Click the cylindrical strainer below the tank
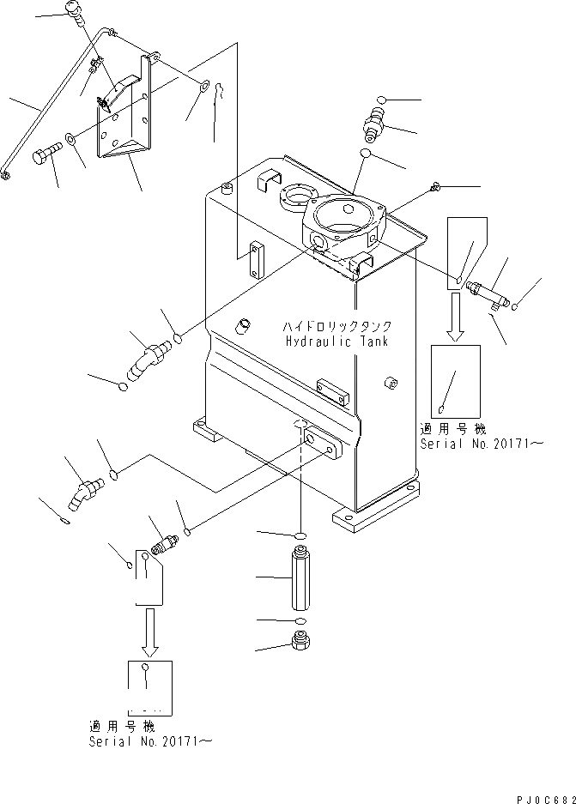point(299,583)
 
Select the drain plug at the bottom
point(300,644)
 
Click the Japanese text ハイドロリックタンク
point(339,326)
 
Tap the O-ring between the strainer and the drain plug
point(299,620)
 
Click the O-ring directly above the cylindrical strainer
point(299,536)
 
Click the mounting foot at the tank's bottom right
point(376,512)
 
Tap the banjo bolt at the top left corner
point(76,11)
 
